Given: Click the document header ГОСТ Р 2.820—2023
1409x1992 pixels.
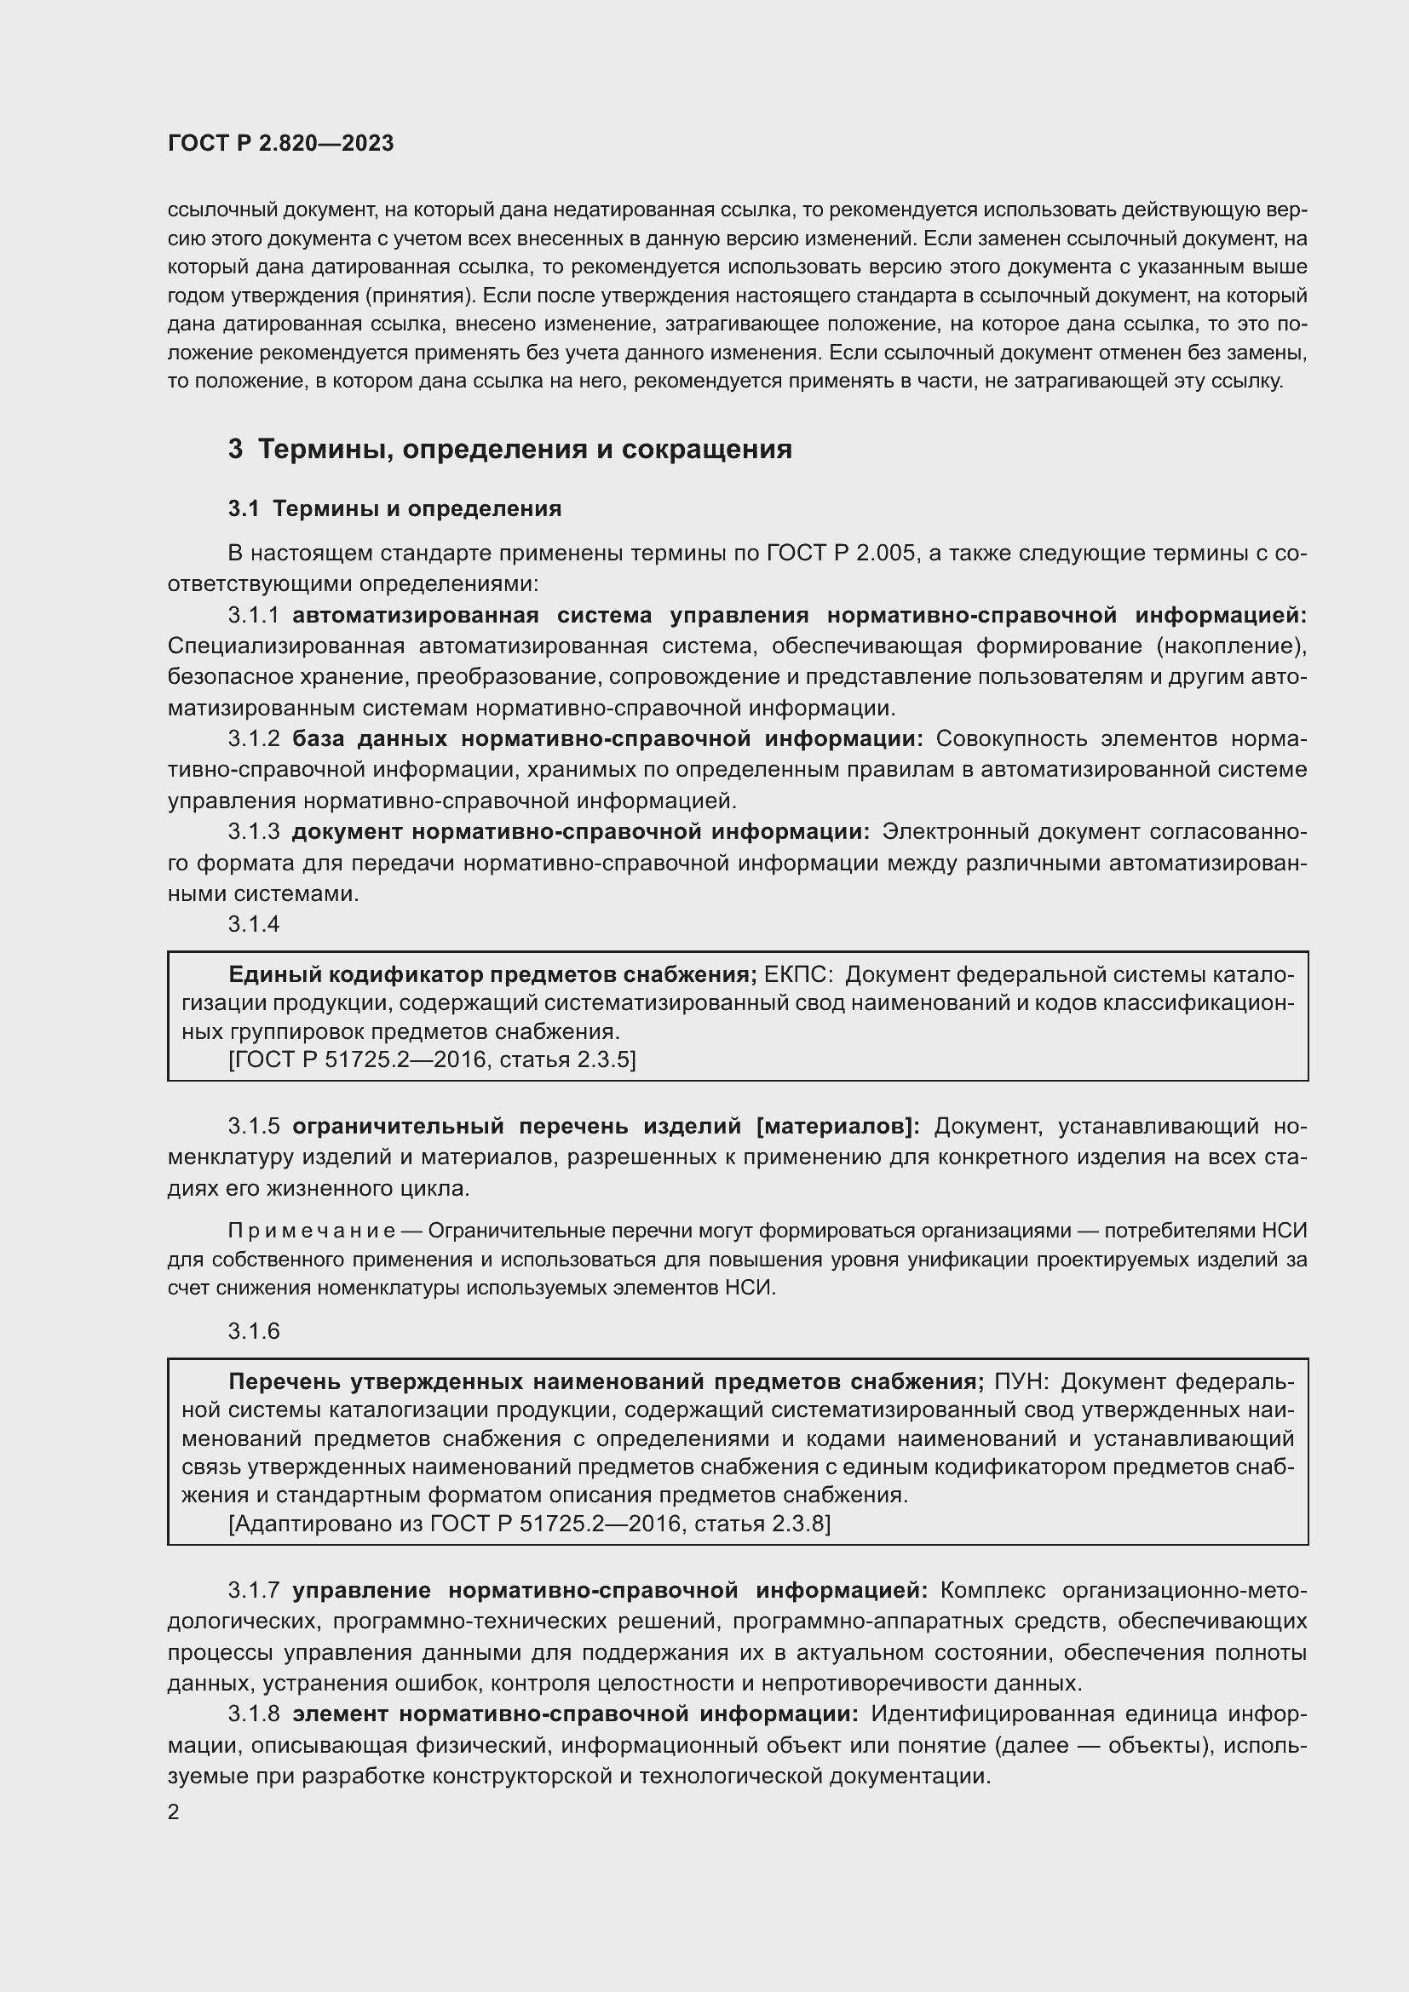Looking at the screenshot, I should tap(280, 143).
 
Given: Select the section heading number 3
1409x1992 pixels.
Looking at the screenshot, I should tap(235, 450).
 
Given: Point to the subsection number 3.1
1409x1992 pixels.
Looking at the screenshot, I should tap(244, 509).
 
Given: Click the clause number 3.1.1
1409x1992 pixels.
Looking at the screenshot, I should tap(253, 616).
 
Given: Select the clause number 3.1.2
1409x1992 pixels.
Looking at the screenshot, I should tap(253, 739).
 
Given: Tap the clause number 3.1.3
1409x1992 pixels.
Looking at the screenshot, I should tap(253, 832).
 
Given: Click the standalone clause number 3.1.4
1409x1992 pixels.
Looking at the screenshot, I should tap(253, 925).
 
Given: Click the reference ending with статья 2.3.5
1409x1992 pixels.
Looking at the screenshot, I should tap(431, 1059).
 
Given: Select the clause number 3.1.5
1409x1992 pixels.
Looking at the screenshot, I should tap(253, 1127).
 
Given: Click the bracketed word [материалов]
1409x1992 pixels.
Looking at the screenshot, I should tap(838, 1127).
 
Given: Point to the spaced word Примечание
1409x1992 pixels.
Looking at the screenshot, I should tap(312, 1231).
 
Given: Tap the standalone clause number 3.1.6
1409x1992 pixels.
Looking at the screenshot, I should tap(253, 1332).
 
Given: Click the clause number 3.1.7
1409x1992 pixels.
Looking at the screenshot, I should tap(253, 1591).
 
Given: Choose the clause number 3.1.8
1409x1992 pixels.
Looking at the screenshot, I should tap(253, 1714).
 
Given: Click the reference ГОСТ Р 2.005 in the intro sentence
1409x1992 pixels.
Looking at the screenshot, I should tap(841, 554).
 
